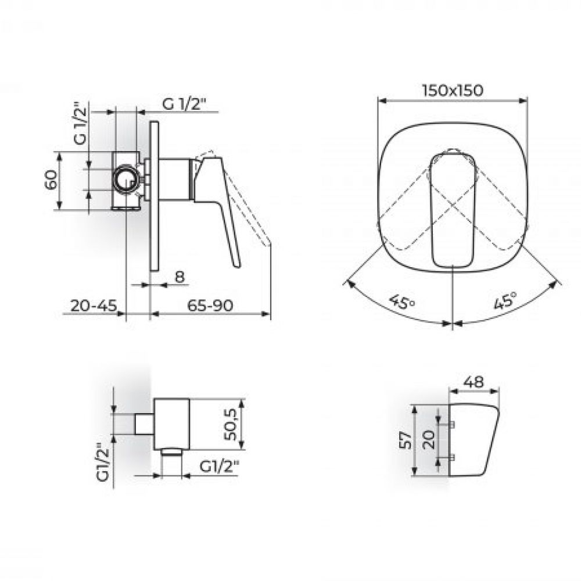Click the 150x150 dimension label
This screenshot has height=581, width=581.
point(453,91)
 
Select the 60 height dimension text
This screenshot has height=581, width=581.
point(51,180)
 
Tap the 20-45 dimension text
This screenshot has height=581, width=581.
point(94,306)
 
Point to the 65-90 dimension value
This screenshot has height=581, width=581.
point(210,306)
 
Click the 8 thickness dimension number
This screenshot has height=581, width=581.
point(180,277)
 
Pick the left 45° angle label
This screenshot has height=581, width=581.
point(401,302)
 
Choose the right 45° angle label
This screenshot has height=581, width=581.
point(505,300)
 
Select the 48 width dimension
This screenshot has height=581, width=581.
point(474,382)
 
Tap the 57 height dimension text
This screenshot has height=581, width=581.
point(407,440)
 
